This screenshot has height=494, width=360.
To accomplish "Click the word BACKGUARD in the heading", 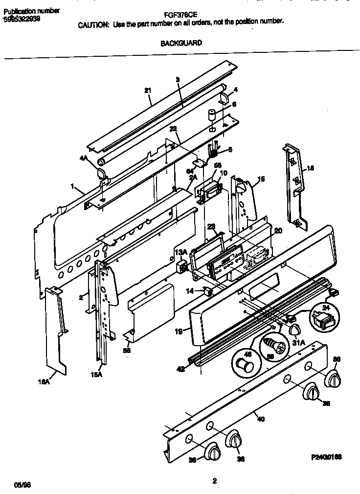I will (x=181, y=43).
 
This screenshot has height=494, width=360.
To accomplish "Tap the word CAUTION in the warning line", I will (x=93, y=23).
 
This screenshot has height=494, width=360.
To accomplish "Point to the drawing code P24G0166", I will (x=326, y=456).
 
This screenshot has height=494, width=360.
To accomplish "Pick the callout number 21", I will (x=148, y=90).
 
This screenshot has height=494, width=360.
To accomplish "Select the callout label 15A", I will (x=96, y=375).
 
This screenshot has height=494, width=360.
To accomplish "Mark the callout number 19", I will (x=179, y=331).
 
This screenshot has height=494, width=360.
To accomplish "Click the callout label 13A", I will (x=180, y=252).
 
